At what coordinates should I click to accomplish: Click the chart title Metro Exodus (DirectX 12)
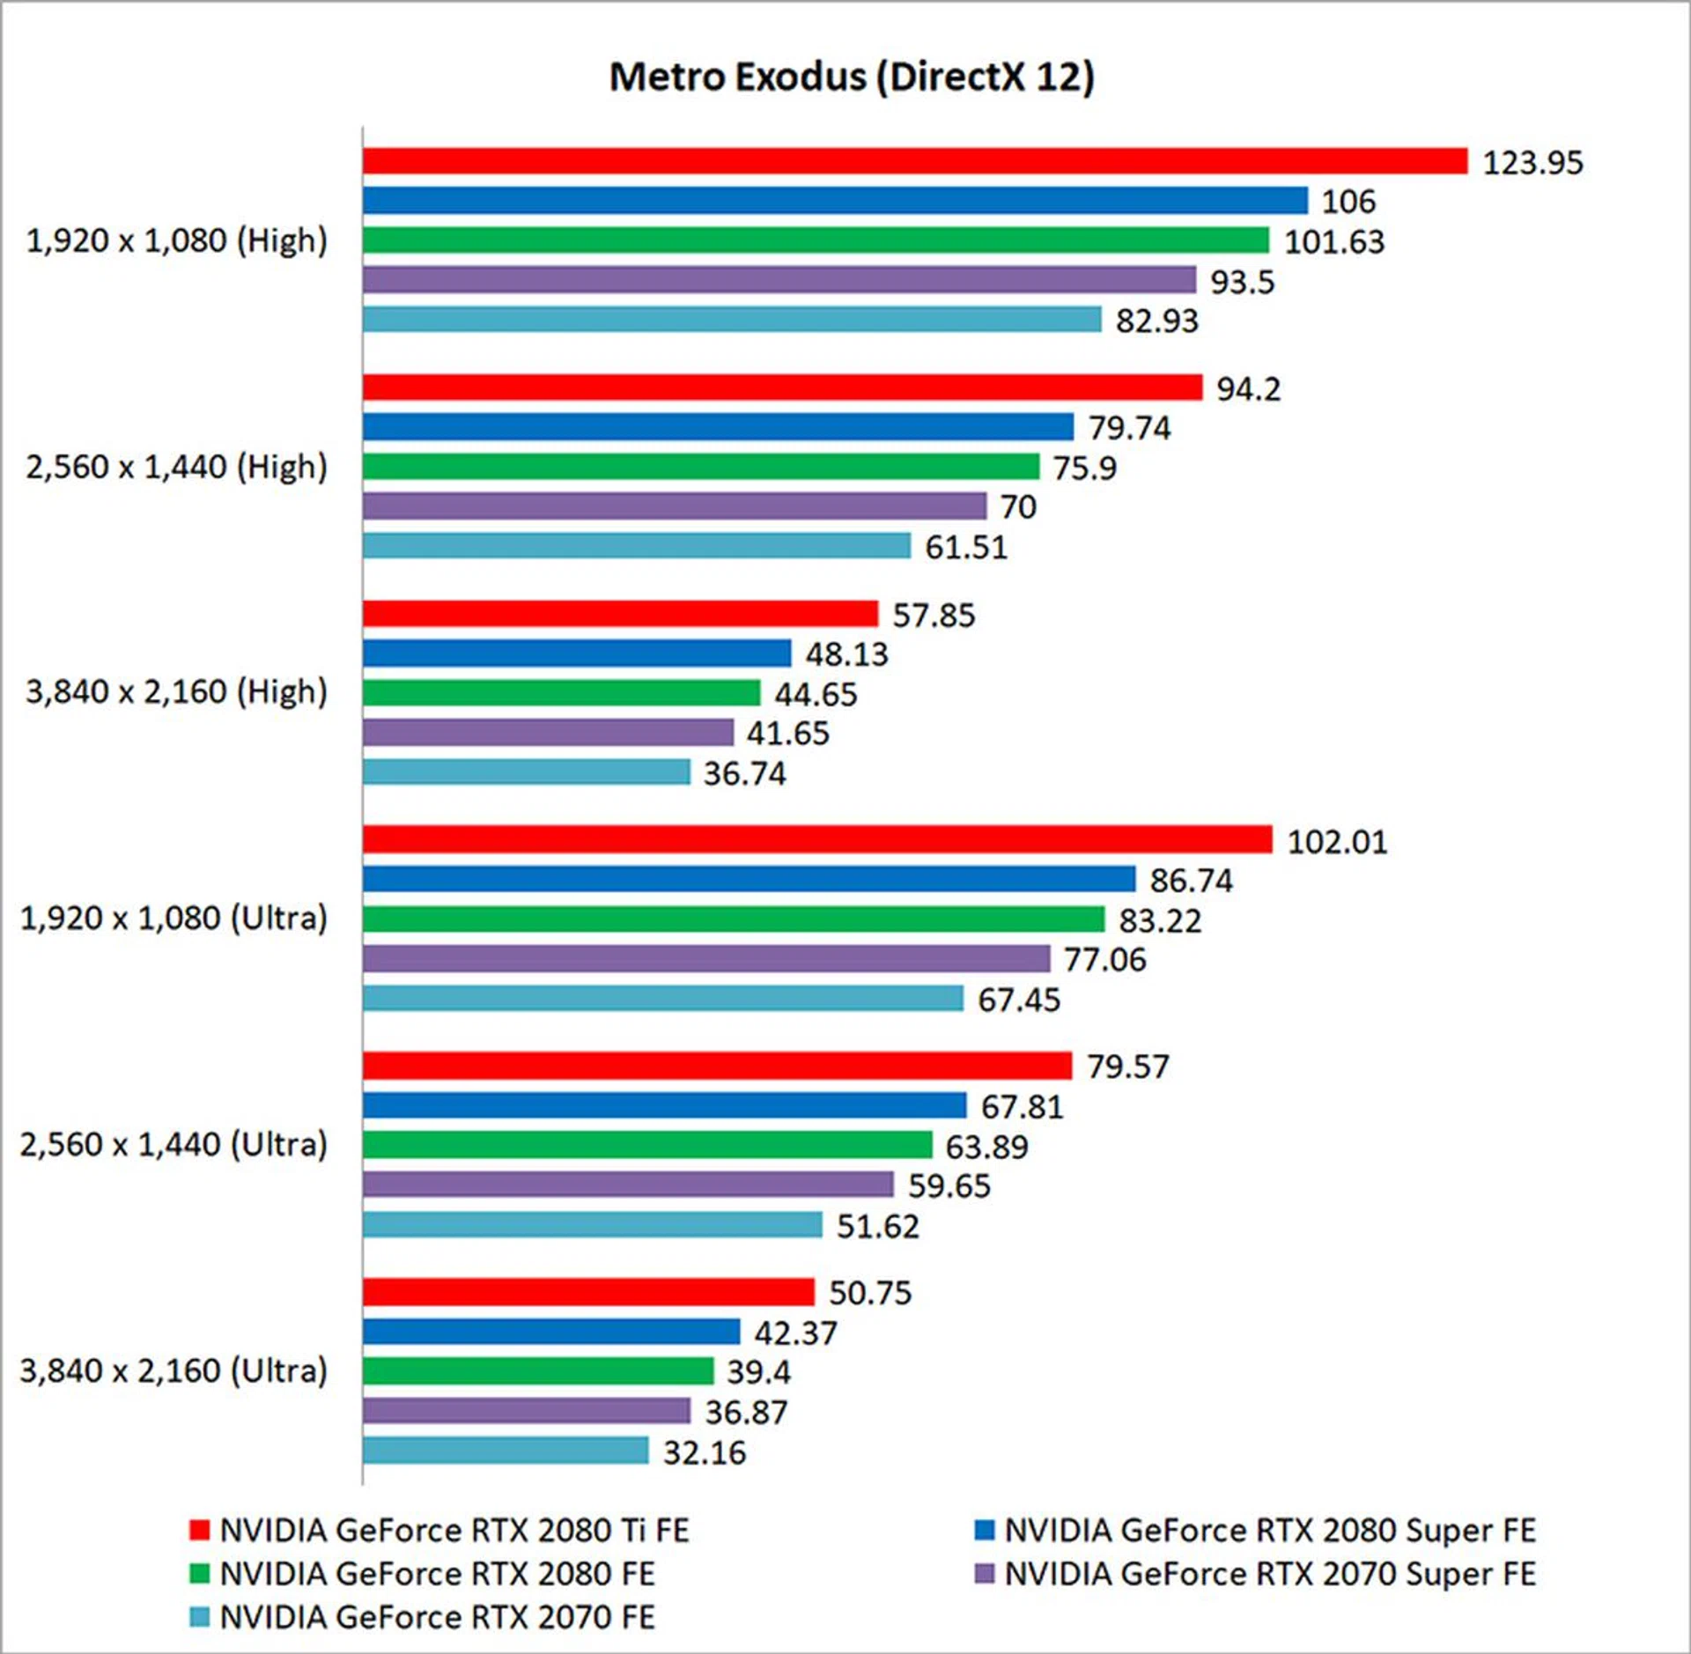[x=851, y=78]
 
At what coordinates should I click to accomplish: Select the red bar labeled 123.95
[x=914, y=161]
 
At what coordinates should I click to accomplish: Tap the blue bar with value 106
[x=834, y=201]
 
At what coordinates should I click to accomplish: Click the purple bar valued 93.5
[x=779, y=280]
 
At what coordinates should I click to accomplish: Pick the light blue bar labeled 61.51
[x=636, y=546]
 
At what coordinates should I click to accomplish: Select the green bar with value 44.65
[x=561, y=693]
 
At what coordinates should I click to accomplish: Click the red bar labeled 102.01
[x=816, y=839]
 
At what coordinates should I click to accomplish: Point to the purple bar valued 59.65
[x=628, y=1185]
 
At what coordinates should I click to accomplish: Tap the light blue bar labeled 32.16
[x=506, y=1451]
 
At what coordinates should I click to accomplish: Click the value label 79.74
[x=1129, y=428]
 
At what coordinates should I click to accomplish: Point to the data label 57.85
[x=934, y=615]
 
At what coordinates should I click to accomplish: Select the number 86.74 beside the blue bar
[x=1191, y=880]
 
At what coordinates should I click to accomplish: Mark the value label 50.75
[x=870, y=1292]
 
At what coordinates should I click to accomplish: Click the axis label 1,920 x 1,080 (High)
[x=176, y=240]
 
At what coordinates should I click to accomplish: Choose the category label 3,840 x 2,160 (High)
[x=176, y=692]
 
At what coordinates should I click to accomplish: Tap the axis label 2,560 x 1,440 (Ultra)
[x=174, y=1145]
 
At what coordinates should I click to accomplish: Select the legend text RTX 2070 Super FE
[x=1269, y=1574]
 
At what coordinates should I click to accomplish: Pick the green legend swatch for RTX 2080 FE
[x=199, y=1574]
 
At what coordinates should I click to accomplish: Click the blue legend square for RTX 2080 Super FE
[x=984, y=1530]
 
